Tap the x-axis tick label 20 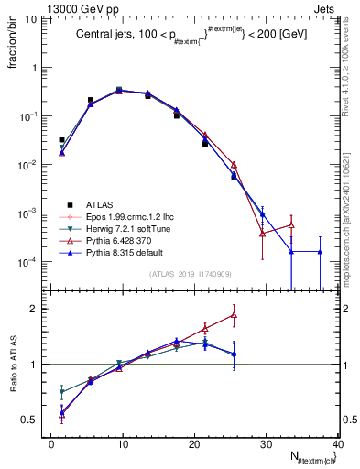pos(193,444)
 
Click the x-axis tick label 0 pos(51,444)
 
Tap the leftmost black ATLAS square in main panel pos(61,140)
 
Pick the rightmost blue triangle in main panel pos(320,251)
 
